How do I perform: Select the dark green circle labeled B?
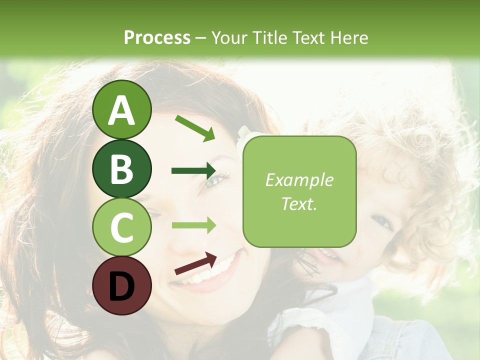(121, 168)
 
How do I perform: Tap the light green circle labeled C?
(121, 227)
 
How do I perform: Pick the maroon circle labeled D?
(121, 285)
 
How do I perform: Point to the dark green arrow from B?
(194, 171)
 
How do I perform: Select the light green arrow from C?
(194, 225)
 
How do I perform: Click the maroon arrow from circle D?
(195, 263)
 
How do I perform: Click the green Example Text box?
(299, 192)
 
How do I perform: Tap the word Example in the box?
(299, 180)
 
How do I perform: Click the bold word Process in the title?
(157, 37)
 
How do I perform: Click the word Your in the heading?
(227, 37)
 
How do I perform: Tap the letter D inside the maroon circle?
(121, 286)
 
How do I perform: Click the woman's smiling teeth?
(210, 272)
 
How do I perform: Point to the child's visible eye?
(382, 220)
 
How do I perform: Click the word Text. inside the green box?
(299, 204)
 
